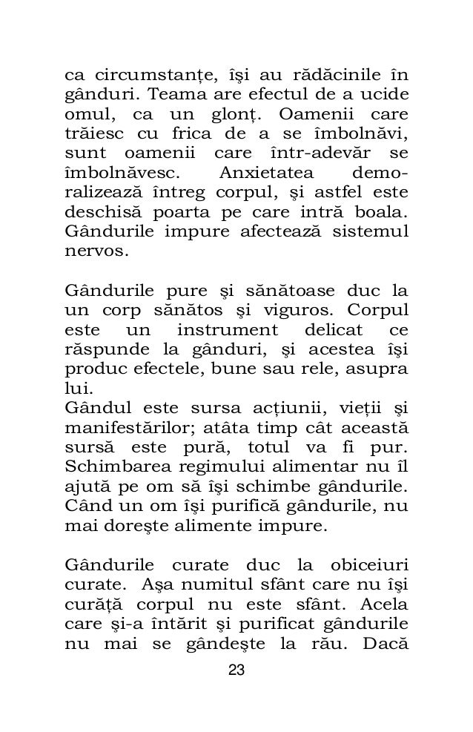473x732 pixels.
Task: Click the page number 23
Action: [236, 670]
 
